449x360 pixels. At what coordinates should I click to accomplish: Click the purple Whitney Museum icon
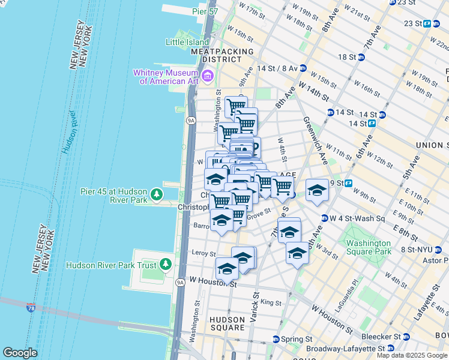pos(208,76)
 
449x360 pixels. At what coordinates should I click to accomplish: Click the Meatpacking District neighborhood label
pos(221,56)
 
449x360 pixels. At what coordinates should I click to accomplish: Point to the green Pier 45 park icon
pos(157,194)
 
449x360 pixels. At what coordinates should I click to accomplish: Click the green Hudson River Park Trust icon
pos(165,265)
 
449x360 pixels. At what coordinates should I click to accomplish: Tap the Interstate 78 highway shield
pos(31,308)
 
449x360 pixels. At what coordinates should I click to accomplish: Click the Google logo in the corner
pos(20,353)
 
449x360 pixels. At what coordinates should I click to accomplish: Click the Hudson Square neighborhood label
pos(228,323)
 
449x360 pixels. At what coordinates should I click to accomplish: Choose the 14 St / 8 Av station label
pos(281,68)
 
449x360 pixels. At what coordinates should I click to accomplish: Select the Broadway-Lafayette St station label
pos(345,348)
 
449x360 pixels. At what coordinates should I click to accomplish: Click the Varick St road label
pos(255,305)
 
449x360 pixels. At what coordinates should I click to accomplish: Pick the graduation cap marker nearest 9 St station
pos(317,190)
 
